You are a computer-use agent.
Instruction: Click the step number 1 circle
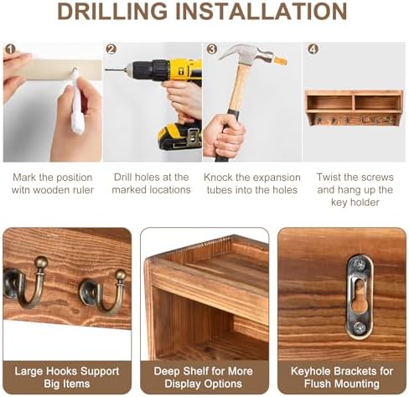click(x=10, y=49)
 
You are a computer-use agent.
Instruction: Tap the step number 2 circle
click(x=111, y=49)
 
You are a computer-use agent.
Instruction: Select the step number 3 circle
click(x=212, y=49)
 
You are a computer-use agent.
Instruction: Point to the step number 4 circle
click(x=313, y=49)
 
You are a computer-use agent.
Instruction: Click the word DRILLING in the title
click(x=112, y=11)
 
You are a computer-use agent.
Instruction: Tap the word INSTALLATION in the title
click(x=261, y=11)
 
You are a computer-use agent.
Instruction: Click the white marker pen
click(x=77, y=102)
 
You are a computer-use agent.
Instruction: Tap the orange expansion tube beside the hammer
click(x=281, y=61)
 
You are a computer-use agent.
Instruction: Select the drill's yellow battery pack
click(x=179, y=137)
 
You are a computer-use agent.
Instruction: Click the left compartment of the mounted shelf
click(x=330, y=103)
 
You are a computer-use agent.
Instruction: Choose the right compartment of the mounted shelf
click(x=378, y=103)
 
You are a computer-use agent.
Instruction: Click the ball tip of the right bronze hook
click(x=121, y=275)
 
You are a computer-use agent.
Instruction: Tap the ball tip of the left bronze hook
click(x=41, y=262)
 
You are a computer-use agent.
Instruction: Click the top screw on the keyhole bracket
click(x=360, y=264)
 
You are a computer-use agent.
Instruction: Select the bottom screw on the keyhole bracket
click(x=360, y=327)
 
